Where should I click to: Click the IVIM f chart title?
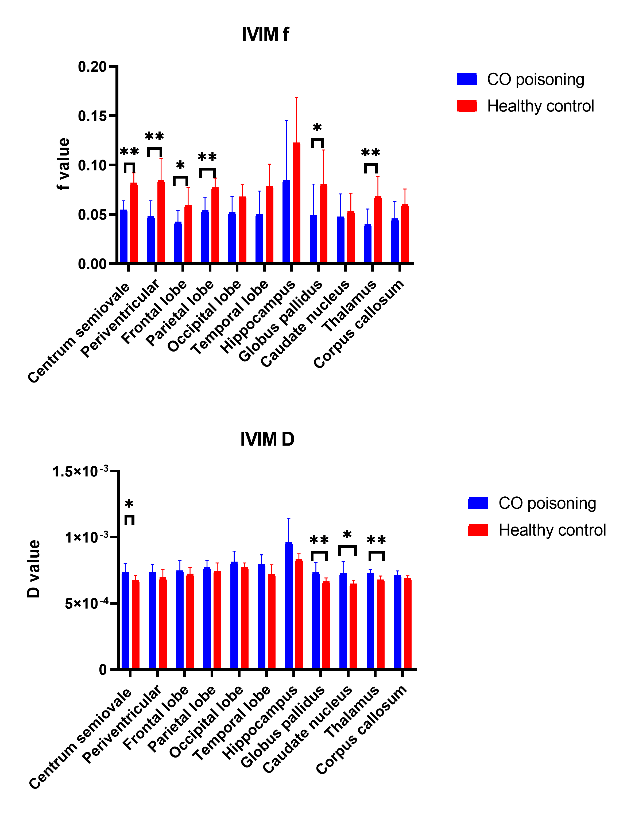(265, 34)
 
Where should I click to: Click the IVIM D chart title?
(267, 439)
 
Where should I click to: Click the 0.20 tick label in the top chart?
(92, 67)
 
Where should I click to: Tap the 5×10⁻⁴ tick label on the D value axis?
(87, 604)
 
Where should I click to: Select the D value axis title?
(34, 569)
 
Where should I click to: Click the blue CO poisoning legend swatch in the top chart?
(466, 79)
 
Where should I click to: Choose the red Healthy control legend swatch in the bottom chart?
(478, 530)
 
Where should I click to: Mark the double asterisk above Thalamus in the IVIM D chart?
(376, 540)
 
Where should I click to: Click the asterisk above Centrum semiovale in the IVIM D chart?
(129, 504)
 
